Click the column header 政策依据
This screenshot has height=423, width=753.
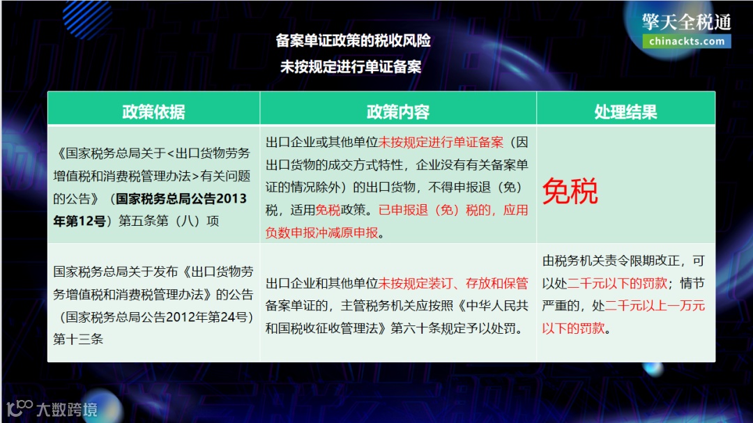(153, 111)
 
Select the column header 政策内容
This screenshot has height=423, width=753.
(397, 111)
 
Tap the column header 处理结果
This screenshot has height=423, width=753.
(625, 111)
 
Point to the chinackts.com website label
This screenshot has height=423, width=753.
(687, 41)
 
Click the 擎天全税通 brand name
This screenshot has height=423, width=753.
(687, 21)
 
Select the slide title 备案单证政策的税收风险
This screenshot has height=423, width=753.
(353, 40)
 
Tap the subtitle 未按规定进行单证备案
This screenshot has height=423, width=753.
(353, 67)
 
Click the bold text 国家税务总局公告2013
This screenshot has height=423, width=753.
(181, 199)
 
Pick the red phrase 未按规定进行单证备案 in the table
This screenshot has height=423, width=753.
(441, 143)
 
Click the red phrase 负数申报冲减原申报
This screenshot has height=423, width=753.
(322, 232)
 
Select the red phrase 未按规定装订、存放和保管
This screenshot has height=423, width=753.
(453, 284)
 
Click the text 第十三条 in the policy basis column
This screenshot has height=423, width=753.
(78, 340)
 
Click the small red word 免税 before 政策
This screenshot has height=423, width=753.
(328, 210)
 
